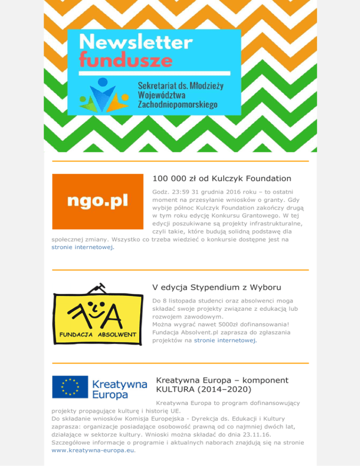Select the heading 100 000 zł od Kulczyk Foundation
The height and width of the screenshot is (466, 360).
222,179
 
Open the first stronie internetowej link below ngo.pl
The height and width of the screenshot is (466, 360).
82,248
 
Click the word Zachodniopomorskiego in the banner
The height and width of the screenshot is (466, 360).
178,104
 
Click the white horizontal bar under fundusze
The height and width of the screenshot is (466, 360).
154,73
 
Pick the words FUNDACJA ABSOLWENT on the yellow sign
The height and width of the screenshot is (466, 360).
97,334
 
